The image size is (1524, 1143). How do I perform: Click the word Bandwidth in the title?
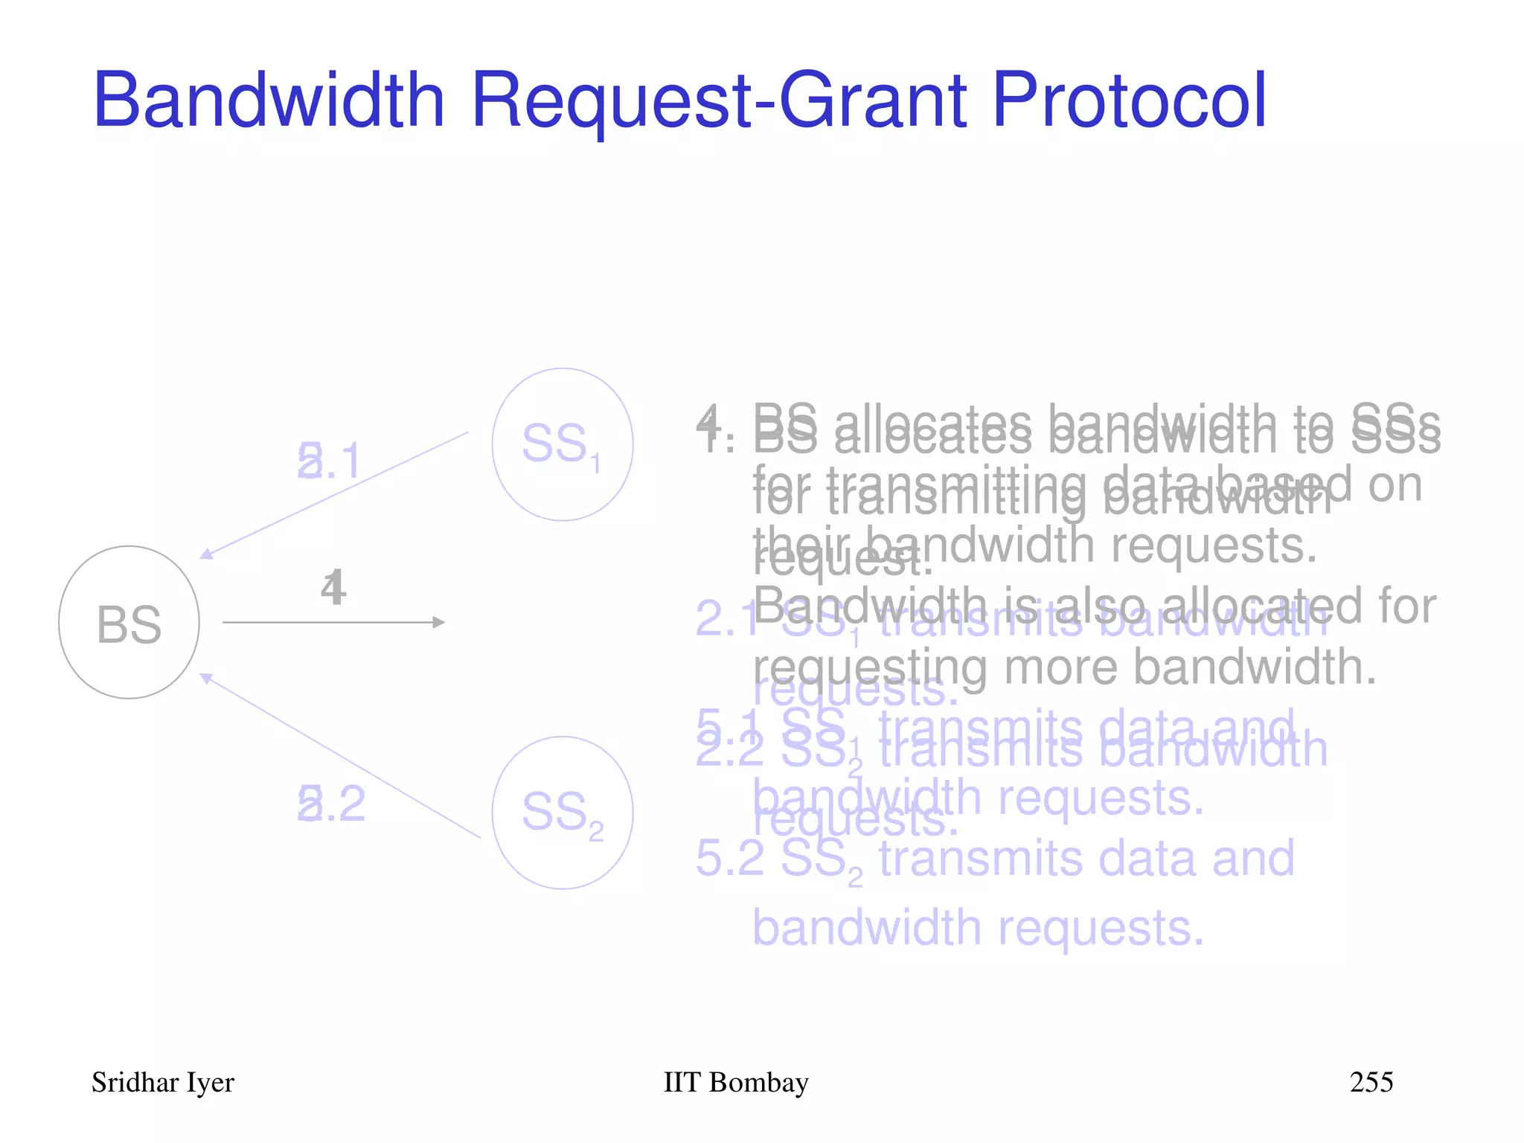pos(269,100)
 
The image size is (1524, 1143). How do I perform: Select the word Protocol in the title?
pos(1129,100)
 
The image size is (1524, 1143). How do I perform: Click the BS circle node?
pos(129,623)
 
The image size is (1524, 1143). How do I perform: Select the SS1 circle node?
pos(562,444)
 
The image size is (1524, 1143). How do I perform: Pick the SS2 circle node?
pos(562,813)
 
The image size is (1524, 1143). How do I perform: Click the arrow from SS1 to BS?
pos(335,495)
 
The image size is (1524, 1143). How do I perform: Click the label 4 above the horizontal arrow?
pos(333,588)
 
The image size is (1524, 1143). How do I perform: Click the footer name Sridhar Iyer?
pos(162,1083)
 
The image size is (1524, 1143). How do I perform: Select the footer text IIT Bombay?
pos(735,1083)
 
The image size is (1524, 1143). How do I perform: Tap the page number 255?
pos(1371,1082)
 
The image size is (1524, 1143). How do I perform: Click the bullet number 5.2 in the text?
pos(729,858)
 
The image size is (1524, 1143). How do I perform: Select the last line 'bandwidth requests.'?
pos(977,928)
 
